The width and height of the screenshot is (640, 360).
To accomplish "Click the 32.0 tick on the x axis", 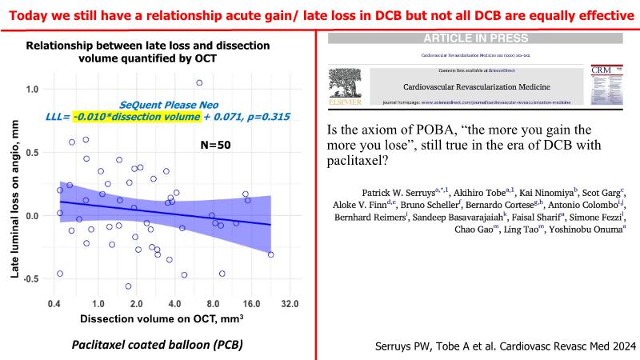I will pos(290,304).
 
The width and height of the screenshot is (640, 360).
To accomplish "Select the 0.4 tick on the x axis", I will pos(54,304).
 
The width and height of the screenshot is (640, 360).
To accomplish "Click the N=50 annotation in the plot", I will pos(215,146).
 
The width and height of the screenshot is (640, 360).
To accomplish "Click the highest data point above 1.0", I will pos(199,82).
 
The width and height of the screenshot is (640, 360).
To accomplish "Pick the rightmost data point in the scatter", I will pos(270,254).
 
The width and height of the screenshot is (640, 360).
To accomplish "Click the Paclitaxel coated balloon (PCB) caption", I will pos(157,345).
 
